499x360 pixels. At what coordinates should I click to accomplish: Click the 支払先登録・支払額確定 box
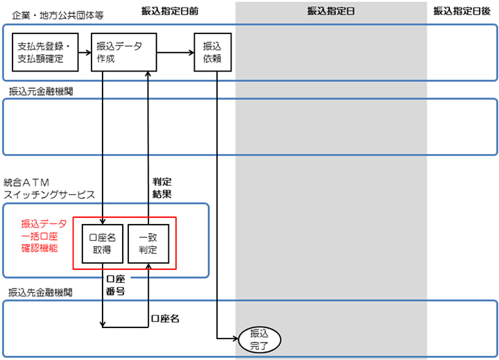pyautogui.click(x=43, y=53)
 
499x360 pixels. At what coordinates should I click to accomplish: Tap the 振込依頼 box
pyautogui.click(x=211, y=53)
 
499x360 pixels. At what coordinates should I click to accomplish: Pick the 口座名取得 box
pyautogui.click(x=103, y=243)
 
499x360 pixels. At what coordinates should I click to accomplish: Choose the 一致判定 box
pyautogui.click(x=147, y=243)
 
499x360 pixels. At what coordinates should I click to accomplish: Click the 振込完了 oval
pyautogui.click(x=258, y=338)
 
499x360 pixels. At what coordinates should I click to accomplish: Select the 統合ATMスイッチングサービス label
pyautogui.click(x=49, y=189)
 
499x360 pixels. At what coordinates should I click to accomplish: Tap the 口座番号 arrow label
pyautogui.click(x=114, y=284)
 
